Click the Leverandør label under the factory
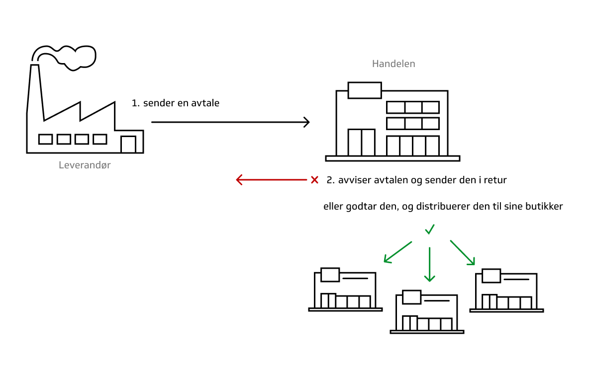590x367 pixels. pos(85,165)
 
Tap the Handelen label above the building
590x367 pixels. pos(393,64)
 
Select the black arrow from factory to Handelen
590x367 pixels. pos(230,122)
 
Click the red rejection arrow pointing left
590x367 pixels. pos(271,180)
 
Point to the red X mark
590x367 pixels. pos(314,180)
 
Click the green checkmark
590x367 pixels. pos(429,229)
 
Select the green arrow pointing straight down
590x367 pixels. pos(430,264)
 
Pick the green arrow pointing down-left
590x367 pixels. pos(397,252)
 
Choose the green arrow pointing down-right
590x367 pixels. pos(463,252)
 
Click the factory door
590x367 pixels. pos(128,144)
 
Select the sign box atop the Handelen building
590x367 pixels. pos(365,90)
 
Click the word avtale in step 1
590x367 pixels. pos(206,103)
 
